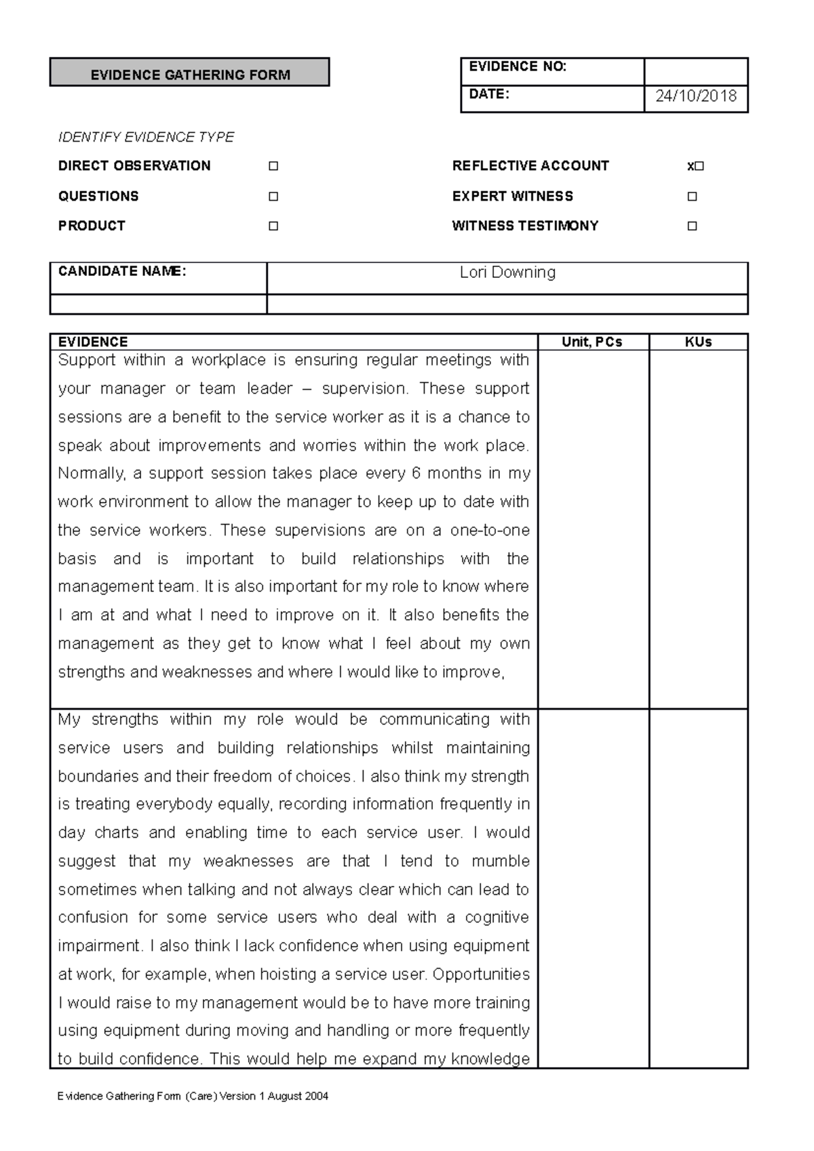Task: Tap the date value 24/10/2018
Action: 696,96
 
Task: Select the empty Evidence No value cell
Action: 696,71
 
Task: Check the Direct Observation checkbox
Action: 273,166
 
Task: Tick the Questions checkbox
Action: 273,197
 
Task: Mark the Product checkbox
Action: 273,226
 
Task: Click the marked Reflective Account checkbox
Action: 698,167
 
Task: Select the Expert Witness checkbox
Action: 692,197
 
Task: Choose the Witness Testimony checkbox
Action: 692,226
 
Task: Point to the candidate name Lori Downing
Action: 507,272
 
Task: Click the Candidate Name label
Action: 122,272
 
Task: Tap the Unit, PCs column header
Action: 592,342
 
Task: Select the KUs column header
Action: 698,342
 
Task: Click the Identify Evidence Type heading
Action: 146,138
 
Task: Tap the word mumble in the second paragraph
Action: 500,862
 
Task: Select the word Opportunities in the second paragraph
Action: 481,975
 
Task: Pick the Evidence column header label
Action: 93,342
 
